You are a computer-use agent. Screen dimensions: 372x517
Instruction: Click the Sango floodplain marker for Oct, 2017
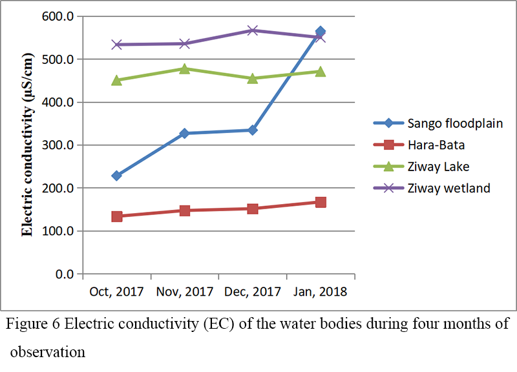(x=117, y=176)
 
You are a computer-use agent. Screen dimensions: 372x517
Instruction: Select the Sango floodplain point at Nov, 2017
(x=185, y=133)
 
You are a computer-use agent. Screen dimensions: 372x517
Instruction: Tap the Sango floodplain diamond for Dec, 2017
(x=253, y=130)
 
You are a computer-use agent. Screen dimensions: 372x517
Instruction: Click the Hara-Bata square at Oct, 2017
(x=117, y=216)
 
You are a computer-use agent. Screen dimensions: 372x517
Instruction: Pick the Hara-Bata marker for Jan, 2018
(x=321, y=202)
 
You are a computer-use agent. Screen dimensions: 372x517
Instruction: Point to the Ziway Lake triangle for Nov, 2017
(x=185, y=68)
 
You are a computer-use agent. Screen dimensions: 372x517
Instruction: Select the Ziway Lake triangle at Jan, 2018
(x=321, y=71)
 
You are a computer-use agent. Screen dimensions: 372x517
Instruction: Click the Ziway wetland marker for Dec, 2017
(x=253, y=30)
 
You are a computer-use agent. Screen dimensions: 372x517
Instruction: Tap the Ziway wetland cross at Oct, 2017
(x=117, y=45)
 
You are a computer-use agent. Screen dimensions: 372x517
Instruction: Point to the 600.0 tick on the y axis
(x=61, y=16)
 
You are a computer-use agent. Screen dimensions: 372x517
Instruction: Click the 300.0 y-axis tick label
(x=61, y=145)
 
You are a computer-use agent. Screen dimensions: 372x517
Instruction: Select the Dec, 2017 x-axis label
(x=253, y=292)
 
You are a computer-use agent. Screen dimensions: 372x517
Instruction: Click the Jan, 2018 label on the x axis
(x=321, y=292)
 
